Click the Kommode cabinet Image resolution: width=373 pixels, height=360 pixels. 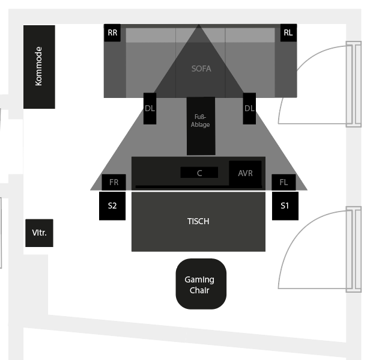[39, 67]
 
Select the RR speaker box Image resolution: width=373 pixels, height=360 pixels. [112, 33]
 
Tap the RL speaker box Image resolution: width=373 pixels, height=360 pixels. [288, 33]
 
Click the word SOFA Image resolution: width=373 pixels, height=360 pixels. [201, 69]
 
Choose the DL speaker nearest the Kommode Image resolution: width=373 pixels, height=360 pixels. [150, 109]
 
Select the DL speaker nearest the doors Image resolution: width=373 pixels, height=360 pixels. [249, 109]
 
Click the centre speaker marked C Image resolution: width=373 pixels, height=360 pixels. [199, 172]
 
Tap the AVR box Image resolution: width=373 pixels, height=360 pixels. [245, 173]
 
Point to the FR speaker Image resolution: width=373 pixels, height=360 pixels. [114, 182]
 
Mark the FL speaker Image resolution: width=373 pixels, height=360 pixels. [284, 182]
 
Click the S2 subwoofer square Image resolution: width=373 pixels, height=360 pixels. [112, 206]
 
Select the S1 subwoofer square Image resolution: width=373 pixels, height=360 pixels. [285, 206]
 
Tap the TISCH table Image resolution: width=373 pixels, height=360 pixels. [198, 221]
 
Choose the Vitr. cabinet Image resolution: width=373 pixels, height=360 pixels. [39, 233]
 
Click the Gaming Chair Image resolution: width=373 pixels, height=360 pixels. [201, 284]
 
